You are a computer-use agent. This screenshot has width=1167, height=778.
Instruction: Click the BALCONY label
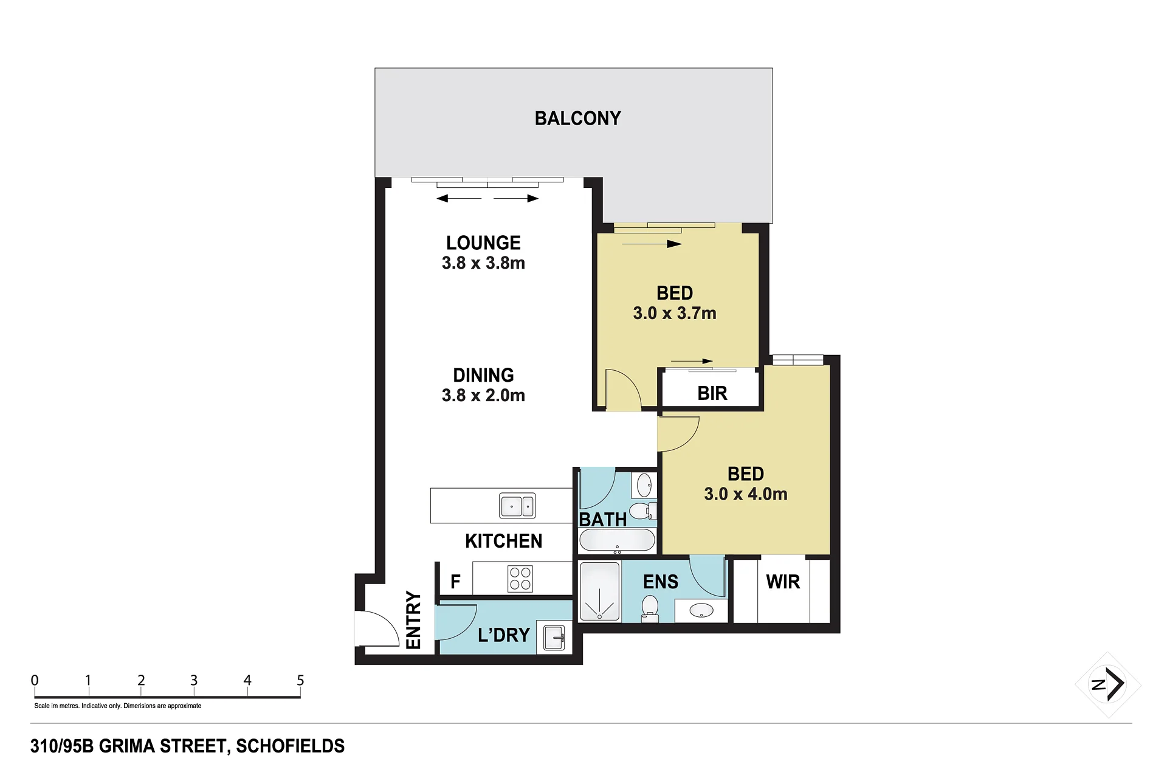coord(577,118)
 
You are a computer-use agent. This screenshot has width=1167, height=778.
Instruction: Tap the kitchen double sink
coord(517,506)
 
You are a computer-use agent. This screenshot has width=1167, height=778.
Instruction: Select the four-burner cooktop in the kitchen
coord(520,579)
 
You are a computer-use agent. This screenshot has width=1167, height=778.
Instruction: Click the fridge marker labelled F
coord(455,582)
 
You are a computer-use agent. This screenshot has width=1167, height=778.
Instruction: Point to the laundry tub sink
coord(554,638)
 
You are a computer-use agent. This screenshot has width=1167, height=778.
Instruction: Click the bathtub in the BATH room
coord(617,540)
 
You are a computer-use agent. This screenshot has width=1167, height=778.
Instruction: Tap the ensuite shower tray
coord(599,591)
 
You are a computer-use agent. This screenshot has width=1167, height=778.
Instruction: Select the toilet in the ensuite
coord(650,608)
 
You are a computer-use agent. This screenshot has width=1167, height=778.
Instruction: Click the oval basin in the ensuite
coord(701,610)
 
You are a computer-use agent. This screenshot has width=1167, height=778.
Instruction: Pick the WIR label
coord(783,582)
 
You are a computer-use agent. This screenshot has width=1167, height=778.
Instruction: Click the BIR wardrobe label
coord(712,393)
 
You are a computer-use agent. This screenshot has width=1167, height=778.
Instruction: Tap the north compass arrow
coord(1115,684)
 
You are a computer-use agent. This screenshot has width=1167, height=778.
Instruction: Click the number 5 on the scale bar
coord(300,680)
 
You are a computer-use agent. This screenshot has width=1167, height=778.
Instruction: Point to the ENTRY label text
coord(413,620)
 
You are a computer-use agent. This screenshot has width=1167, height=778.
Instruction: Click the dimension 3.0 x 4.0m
coord(746,494)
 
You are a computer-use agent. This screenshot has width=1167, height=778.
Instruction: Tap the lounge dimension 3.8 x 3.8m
coord(483,263)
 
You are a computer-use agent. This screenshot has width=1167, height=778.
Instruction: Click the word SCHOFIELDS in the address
coord(290,746)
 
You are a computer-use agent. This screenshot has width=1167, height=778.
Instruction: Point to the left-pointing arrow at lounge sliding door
coord(459,198)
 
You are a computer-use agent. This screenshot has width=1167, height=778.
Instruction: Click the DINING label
coord(483,375)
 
